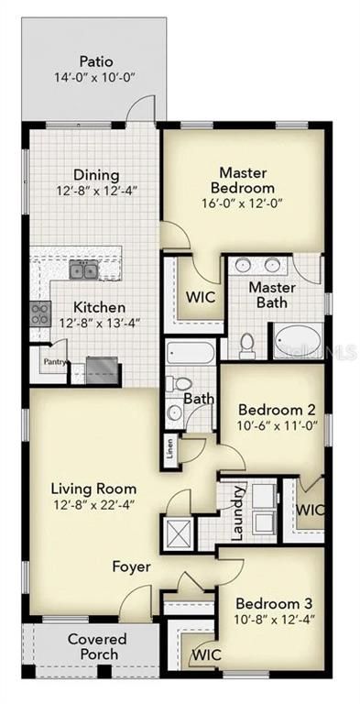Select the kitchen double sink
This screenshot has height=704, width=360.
84,269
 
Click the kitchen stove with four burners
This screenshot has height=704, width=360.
40,313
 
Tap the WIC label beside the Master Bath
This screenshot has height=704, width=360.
200,298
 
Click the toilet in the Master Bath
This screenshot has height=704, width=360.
246,345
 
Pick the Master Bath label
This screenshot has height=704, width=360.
271,295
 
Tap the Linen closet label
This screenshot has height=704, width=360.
170,448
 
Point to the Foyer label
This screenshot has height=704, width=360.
131,567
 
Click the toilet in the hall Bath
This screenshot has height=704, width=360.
181,385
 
